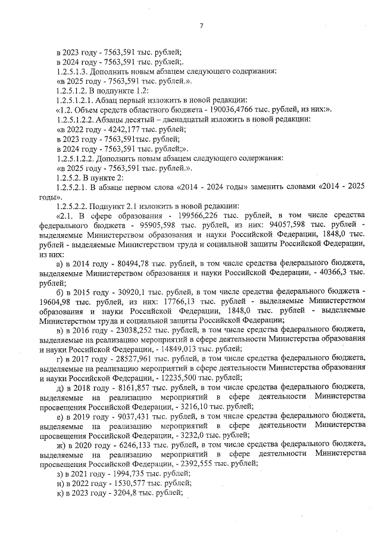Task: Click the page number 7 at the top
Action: click(201, 25)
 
